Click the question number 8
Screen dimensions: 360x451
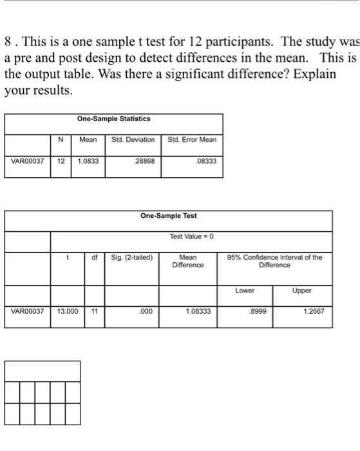click(8, 43)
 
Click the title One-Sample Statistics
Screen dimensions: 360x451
click(113, 119)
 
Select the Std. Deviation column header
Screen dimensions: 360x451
click(134, 139)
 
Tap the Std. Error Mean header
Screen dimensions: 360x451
click(192, 139)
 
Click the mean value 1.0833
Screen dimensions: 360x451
click(89, 160)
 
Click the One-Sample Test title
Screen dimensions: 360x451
click(169, 216)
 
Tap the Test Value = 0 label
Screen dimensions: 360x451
click(191, 237)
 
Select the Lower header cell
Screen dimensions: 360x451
click(245, 291)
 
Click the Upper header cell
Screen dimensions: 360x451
click(303, 291)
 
